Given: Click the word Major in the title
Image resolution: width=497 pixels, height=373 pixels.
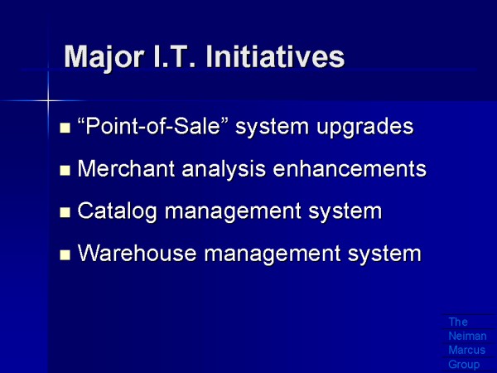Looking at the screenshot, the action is [104, 58].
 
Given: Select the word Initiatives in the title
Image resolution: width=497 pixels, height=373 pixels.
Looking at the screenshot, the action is [275, 56].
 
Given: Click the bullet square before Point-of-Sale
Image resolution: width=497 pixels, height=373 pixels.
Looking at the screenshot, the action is [65, 128].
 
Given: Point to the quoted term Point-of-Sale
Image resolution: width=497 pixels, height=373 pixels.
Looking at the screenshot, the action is [152, 126].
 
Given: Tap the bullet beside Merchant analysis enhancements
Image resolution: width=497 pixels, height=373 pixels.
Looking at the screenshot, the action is [65, 170].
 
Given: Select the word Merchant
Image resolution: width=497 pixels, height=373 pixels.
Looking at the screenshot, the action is [126, 168].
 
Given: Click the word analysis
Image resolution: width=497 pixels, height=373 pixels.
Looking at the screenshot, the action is [224, 170].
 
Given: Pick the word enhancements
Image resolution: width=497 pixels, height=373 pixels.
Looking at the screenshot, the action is [350, 168].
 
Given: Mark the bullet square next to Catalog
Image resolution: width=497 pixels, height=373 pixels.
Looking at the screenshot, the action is [65, 212].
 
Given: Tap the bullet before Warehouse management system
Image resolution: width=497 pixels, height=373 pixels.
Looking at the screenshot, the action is [65, 254].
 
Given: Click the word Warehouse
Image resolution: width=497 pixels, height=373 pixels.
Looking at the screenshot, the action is [137, 253].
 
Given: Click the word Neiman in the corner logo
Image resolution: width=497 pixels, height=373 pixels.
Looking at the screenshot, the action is [467, 336].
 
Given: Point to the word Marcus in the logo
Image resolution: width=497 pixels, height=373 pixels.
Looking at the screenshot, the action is [467, 350].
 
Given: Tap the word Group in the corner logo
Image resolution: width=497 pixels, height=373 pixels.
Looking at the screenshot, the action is [464, 365].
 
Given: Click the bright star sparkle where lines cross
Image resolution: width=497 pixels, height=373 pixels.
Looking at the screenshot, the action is [48, 101].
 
